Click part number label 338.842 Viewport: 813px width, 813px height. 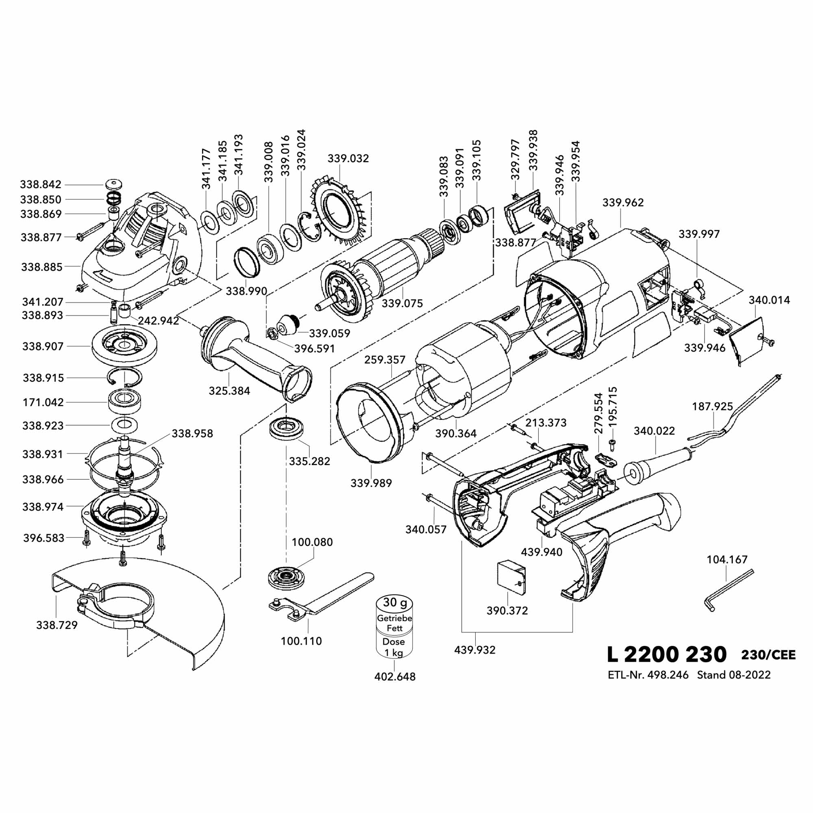tap(40, 184)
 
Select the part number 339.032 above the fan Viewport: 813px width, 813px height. tap(348, 159)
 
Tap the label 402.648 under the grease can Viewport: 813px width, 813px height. tap(395, 677)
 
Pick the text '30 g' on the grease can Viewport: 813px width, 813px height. tap(394, 602)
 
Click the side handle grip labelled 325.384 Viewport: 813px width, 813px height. tap(252, 354)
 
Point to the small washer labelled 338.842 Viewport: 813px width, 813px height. tap(113, 184)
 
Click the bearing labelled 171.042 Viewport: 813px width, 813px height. tap(124, 402)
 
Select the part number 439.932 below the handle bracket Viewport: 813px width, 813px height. tap(475, 650)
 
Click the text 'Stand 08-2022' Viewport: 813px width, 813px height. tap(734, 675)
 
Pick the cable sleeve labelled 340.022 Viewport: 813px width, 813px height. tap(656, 463)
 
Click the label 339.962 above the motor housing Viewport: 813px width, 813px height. tap(623, 202)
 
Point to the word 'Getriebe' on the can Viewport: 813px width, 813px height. tap(394, 619)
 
